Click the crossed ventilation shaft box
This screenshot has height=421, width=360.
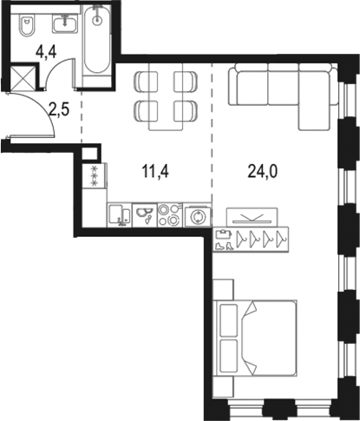(x=24, y=78)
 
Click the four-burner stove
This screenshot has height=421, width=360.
(x=168, y=214)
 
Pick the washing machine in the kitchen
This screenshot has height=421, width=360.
(x=200, y=214)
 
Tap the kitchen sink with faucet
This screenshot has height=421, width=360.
(x=144, y=214)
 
